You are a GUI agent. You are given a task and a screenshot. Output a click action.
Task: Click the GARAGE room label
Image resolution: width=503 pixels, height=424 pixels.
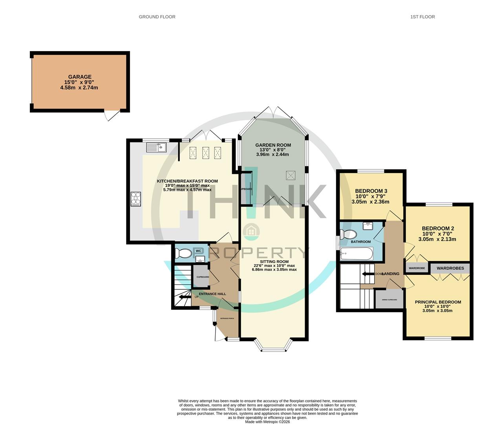coord(80,77)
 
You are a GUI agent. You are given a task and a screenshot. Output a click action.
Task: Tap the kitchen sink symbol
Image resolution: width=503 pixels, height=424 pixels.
coord(157,148)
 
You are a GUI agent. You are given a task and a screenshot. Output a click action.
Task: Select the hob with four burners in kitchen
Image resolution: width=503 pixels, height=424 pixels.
coord(136,199)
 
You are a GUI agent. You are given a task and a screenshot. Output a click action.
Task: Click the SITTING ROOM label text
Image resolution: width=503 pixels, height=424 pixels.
coord(274,261)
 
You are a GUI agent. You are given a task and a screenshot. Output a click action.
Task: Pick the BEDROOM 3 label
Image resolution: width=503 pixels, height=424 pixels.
coord(371,191)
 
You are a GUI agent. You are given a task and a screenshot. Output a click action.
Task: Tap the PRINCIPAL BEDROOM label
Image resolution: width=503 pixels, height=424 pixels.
coord(438,302)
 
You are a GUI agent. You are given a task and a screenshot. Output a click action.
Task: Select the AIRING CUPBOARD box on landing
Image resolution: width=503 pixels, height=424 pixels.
coord(389,300)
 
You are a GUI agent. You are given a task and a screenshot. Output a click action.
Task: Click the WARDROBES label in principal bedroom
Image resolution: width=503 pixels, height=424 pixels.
coord(450,269)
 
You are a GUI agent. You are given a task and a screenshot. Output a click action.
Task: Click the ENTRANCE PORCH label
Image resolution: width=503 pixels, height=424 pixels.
coord(227,318)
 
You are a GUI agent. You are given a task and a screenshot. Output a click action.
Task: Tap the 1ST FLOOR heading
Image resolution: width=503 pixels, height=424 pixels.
coord(423,17)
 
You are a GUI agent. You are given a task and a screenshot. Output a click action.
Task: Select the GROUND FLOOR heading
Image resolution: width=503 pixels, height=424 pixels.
coord(157,17)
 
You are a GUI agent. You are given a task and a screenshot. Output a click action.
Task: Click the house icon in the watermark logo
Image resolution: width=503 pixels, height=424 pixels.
coord(251,231)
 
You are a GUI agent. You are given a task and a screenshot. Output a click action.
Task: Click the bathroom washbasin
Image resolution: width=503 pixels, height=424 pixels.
coord(368,226)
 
